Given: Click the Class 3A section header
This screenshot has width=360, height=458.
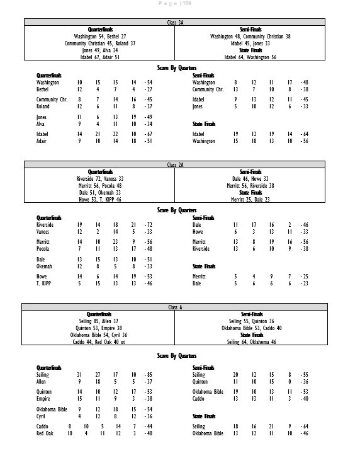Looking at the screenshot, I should point(176,22).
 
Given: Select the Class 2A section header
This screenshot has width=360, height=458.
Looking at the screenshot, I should point(176,164).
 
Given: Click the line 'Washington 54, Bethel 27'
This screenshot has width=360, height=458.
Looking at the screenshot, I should point(100,37).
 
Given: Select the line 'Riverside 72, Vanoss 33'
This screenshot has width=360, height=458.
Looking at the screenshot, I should point(100,179).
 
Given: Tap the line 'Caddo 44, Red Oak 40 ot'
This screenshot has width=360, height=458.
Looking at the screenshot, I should point(100,343).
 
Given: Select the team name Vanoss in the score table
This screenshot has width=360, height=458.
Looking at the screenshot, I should point(45,232).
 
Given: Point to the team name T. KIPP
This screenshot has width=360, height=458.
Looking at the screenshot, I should point(45,283).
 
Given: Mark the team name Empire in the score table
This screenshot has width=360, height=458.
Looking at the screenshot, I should point(45,399).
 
